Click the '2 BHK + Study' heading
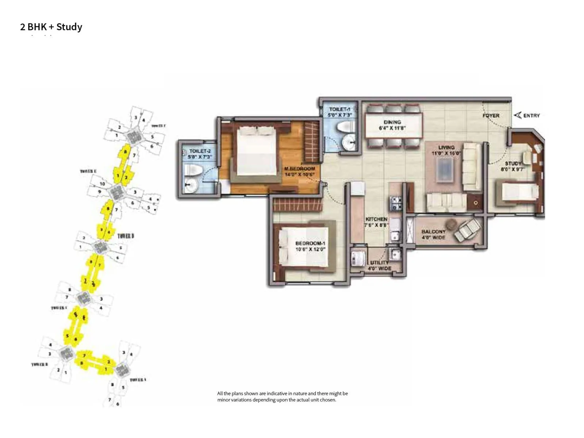51,27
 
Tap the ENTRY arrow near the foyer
518,115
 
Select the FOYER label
491,116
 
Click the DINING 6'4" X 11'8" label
392,125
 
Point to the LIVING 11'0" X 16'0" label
446,150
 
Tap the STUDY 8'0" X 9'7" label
513,166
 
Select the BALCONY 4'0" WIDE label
433,234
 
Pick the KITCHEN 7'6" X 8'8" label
376,222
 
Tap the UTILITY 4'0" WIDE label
380,265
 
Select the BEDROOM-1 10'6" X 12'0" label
310,246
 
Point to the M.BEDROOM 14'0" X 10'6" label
299,172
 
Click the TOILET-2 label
200,154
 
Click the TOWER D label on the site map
126,236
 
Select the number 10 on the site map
102,184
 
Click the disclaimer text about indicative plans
282,396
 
